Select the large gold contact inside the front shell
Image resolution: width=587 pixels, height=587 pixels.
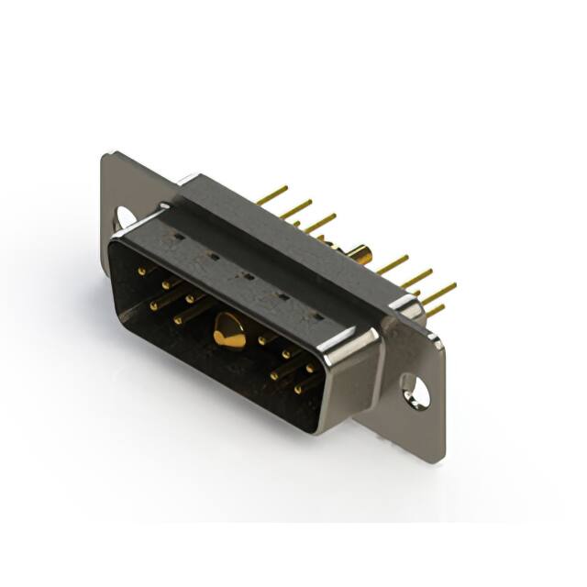click(228, 331)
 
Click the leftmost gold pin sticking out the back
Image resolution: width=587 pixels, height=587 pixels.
click(272, 194)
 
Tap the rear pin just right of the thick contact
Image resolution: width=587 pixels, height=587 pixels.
click(392, 265)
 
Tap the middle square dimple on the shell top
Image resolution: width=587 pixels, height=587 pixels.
click(246, 276)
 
